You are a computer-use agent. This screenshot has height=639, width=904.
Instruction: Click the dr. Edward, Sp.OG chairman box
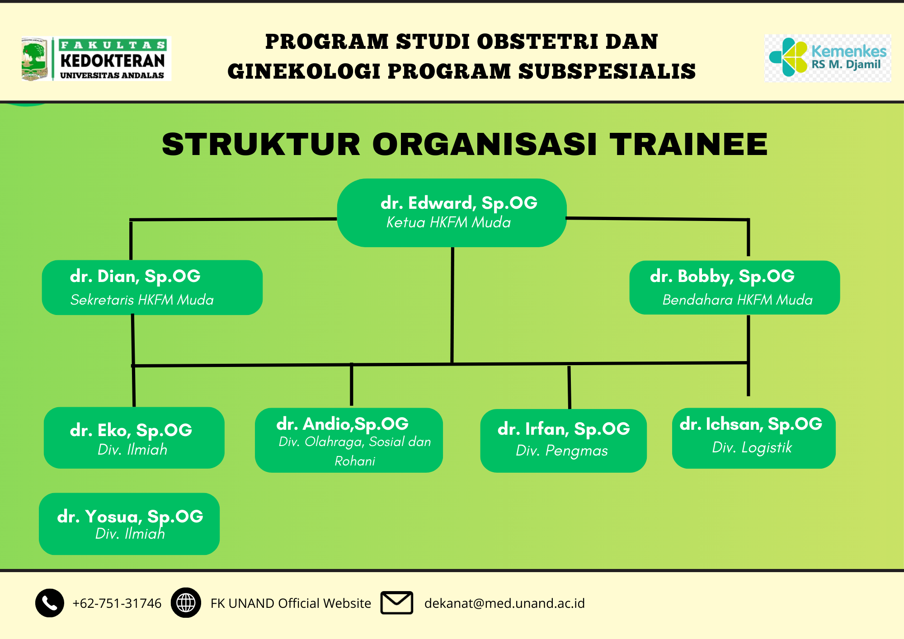pos(452,213)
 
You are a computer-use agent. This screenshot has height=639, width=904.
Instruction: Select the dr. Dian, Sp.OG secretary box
pos(152,287)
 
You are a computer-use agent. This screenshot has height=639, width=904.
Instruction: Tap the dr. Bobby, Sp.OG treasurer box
pos(734,287)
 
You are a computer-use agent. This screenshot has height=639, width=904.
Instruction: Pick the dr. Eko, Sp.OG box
pos(134,437)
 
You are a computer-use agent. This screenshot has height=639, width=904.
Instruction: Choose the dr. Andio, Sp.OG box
pos(349,440)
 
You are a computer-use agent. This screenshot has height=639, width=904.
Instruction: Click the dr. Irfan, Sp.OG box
pos(563,441)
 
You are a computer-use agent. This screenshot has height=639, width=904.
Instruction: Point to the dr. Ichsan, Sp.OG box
pos(753,438)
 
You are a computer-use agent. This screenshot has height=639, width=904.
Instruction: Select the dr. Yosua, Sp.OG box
pos(129,524)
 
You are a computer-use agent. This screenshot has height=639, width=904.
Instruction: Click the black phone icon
pos(50,603)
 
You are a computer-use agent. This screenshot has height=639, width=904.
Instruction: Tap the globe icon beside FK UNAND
pos(186,603)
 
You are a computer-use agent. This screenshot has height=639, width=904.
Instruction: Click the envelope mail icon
pos(397,603)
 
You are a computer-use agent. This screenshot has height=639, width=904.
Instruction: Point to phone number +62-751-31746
pos(117,603)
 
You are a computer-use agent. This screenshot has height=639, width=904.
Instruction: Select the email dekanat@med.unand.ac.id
pos(504,603)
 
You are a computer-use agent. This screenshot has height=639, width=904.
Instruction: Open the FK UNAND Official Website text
pos(291,603)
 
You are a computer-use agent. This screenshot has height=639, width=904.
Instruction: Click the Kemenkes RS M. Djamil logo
pos(828,58)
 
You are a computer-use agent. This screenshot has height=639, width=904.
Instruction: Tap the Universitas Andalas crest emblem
pos(34,59)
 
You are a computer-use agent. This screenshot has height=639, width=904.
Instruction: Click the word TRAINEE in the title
pos(688,145)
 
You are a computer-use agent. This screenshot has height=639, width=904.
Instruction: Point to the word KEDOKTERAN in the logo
pos(113,61)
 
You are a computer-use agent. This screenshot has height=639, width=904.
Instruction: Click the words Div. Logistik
pos(752,447)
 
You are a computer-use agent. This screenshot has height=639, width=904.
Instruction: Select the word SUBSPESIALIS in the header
pos(607,71)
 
